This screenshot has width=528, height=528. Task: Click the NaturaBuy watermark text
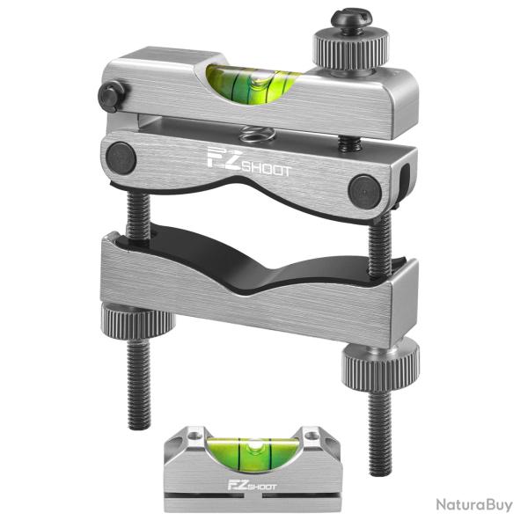click(473, 505)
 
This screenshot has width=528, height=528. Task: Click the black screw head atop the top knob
click(348, 19)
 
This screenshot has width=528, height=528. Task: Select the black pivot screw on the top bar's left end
click(112, 96)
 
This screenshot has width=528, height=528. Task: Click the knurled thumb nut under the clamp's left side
click(136, 318)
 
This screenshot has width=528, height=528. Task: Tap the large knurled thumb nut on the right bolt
click(380, 362)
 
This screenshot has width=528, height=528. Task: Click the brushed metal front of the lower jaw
click(246, 299)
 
